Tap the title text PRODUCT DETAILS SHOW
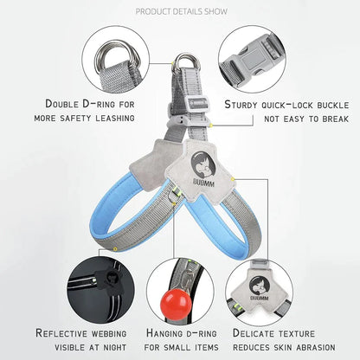tap(182, 11)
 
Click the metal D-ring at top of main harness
tap(188, 61)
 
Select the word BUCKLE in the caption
tap(333, 105)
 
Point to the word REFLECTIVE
tap(61, 333)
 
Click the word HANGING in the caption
tap(164, 333)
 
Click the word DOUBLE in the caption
tap(61, 104)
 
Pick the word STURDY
tap(241, 105)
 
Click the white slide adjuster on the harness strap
tap(198, 105)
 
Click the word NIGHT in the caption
tap(115, 348)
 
